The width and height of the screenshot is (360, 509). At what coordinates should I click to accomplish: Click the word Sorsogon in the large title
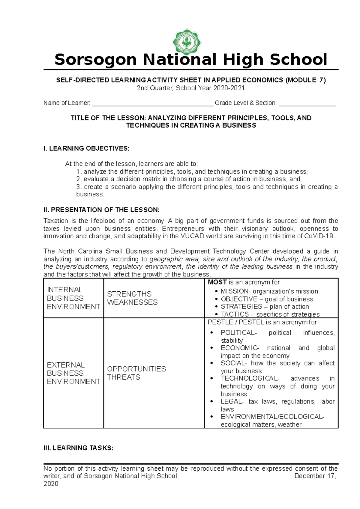(x=96, y=59)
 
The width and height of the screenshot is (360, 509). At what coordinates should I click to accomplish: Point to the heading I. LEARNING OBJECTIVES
(x=86, y=148)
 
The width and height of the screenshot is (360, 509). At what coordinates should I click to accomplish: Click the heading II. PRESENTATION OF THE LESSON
(x=101, y=210)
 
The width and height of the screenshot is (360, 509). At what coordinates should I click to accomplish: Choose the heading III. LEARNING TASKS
(x=78, y=448)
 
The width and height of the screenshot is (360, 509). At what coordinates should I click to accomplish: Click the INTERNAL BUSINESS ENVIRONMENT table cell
(x=73, y=298)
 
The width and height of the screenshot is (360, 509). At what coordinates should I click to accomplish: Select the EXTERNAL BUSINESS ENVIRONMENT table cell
(x=73, y=373)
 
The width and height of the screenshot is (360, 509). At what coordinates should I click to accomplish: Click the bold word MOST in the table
(x=217, y=282)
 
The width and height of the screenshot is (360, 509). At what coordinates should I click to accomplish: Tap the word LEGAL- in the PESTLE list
(x=232, y=401)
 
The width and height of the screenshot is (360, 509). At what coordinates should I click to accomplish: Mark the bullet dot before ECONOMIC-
(x=212, y=348)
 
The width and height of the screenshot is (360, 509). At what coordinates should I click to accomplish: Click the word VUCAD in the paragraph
(x=193, y=236)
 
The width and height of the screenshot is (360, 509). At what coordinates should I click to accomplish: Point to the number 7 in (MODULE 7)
(x=321, y=80)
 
